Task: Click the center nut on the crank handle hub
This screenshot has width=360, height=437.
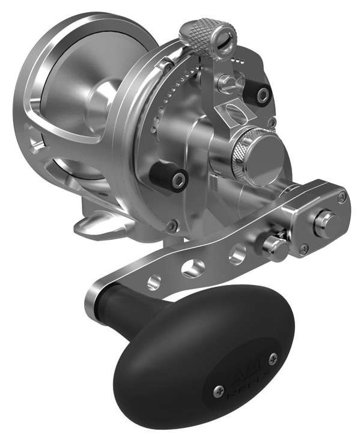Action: tap(325, 222)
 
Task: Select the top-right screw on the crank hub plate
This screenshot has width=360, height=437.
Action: tap(341, 197)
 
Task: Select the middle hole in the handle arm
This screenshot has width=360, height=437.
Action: tap(192, 268)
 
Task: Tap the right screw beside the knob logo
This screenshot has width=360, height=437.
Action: tap(273, 359)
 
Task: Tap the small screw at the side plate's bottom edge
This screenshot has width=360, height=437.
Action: tap(172, 227)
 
